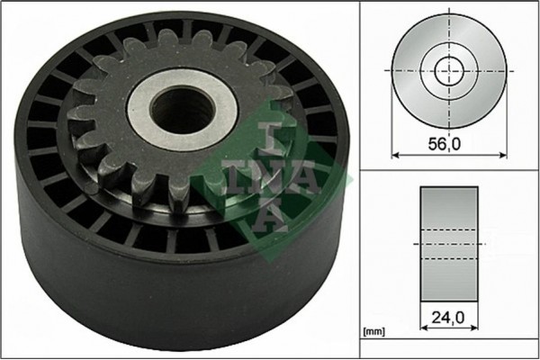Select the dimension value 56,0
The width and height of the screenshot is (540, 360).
[446, 142]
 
